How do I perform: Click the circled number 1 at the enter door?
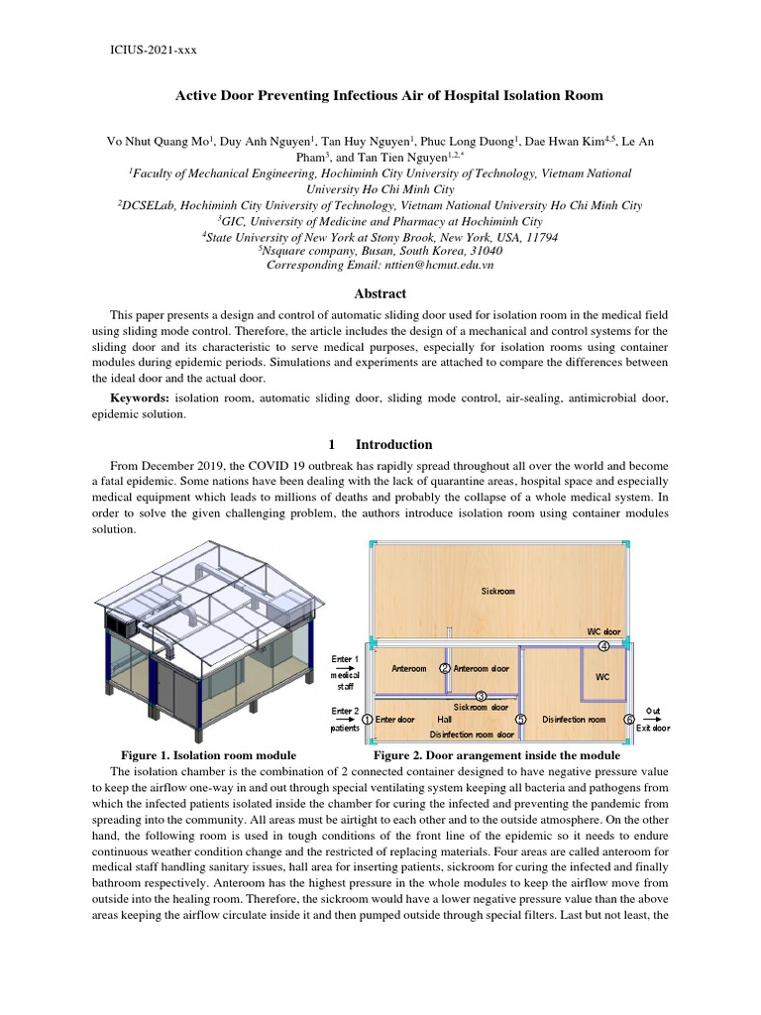368,719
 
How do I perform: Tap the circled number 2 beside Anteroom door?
446,669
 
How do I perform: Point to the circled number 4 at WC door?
603,645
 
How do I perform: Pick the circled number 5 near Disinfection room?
521,719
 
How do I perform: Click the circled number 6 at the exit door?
628,719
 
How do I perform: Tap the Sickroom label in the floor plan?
497,591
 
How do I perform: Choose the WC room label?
602,678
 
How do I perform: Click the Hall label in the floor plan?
444,720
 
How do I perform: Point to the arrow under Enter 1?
345,669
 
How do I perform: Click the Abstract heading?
380,293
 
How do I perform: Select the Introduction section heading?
393,444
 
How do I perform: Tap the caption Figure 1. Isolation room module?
208,755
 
